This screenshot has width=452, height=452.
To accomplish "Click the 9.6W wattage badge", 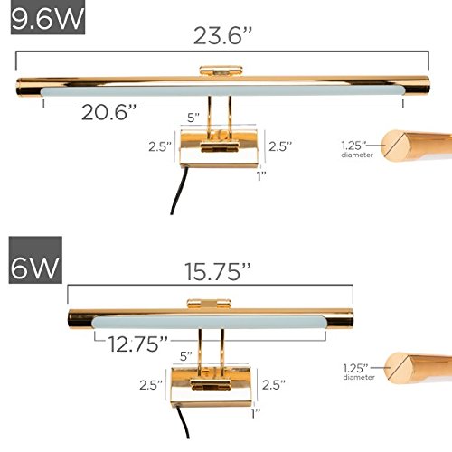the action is [x=48, y=17].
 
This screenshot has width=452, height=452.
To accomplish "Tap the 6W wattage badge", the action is [x=35, y=259].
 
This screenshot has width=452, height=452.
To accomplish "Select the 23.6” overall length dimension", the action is [x=222, y=36].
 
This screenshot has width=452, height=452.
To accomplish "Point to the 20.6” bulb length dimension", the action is [x=108, y=112].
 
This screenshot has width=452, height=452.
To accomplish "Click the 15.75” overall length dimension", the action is [x=217, y=272].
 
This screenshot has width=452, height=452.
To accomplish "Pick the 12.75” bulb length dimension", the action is [x=137, y=344].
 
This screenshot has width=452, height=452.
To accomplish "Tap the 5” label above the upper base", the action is [x=193, y=118].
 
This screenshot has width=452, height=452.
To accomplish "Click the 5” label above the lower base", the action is [x=186, y=356].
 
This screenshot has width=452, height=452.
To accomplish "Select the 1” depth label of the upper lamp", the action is [x=261, y=176].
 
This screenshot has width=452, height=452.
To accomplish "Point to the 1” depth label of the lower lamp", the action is [x=256, y=413].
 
